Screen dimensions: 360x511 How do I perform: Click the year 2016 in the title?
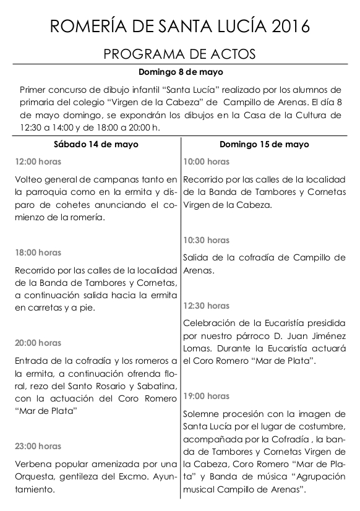click(x=284, y=25)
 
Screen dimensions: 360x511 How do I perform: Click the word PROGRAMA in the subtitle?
click(x=139, y=54)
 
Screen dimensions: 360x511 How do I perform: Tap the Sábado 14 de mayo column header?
click(x=96, y=144)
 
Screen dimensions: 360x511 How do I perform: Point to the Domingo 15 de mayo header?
click(x=264, y=144)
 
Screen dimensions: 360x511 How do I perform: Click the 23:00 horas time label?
click(x=38, y=446)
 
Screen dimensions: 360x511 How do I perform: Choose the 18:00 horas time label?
click(x=38, y=252)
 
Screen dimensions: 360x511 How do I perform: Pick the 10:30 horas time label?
click(x=207, y=240)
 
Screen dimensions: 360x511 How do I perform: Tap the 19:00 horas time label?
click(x=207, y=396)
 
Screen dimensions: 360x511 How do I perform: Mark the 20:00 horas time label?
click(x=38, y=343)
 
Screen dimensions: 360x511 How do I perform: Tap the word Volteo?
click(x=28, y=179)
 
